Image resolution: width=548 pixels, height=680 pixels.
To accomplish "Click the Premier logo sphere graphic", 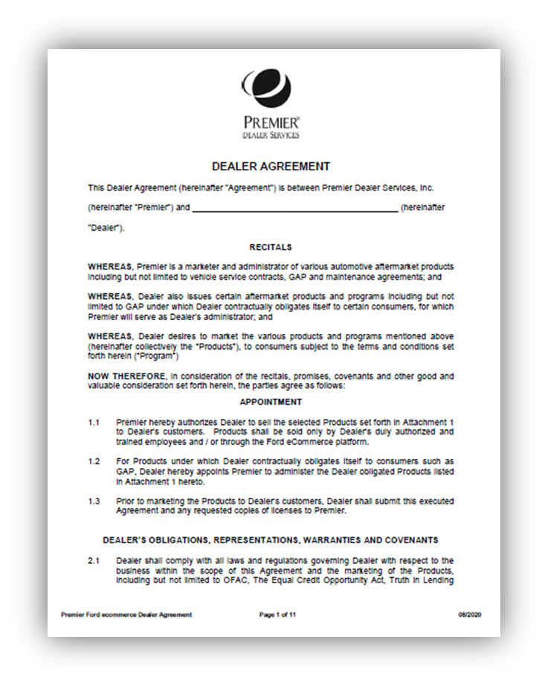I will click(x=271, y=87).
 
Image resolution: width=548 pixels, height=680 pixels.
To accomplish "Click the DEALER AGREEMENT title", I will click(x=271, y=167).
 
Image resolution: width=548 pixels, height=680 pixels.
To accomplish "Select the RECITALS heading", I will click(x=271, y=247).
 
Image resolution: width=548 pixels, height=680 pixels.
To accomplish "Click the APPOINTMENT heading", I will click(x=271, y=402).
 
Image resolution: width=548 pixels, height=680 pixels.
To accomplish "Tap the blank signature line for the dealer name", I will click(x=295, y=210).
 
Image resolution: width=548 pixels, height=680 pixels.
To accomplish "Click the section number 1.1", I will click(x=94, y=422).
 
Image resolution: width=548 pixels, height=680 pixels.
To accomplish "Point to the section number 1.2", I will click(x=94, y=462).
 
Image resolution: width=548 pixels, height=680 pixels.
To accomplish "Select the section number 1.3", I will click(x=94, y=501).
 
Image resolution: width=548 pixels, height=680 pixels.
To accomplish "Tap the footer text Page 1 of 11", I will click(x=277, y=614).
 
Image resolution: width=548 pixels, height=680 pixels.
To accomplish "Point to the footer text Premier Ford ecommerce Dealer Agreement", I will click(x=126, y=614).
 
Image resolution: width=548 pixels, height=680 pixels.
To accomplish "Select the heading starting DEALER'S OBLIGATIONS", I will click(x=271, y=539).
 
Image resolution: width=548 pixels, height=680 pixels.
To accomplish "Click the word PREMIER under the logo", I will click(x=271, y=122).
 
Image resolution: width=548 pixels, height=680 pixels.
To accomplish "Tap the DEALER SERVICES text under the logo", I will click(x=271, y=135).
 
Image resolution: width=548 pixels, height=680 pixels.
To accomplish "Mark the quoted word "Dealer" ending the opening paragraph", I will click(x=105, y=228).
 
